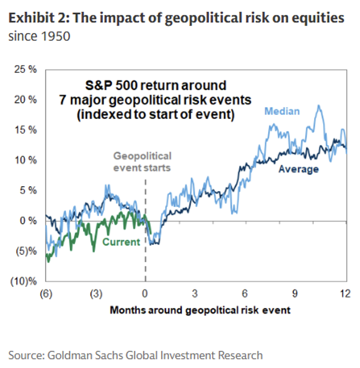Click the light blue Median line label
tap(282, 111)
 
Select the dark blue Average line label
tap(298, 169)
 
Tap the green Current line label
tap(121, 242)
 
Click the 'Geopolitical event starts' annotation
tap(142, 162)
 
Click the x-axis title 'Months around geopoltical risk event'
tap(200, 310)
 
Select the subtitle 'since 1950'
tap(39, 36)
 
